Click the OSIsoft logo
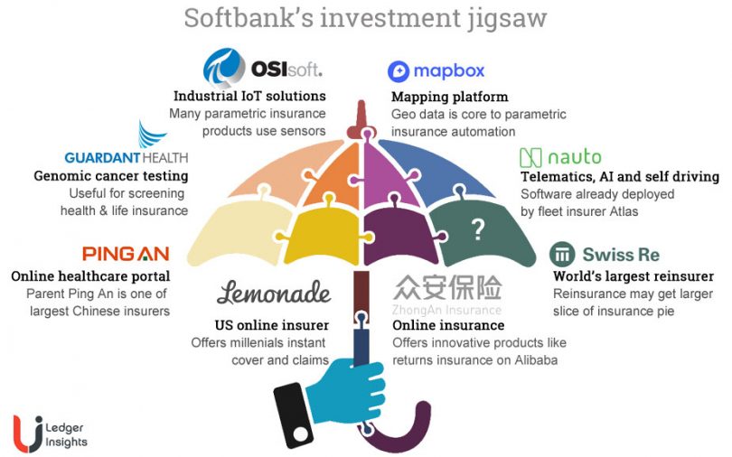263,68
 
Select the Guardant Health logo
127,151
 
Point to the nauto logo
560,157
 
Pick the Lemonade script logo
274,293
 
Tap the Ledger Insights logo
50,431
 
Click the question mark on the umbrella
477,230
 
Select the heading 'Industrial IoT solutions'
249,96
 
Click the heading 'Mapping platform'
449,97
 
